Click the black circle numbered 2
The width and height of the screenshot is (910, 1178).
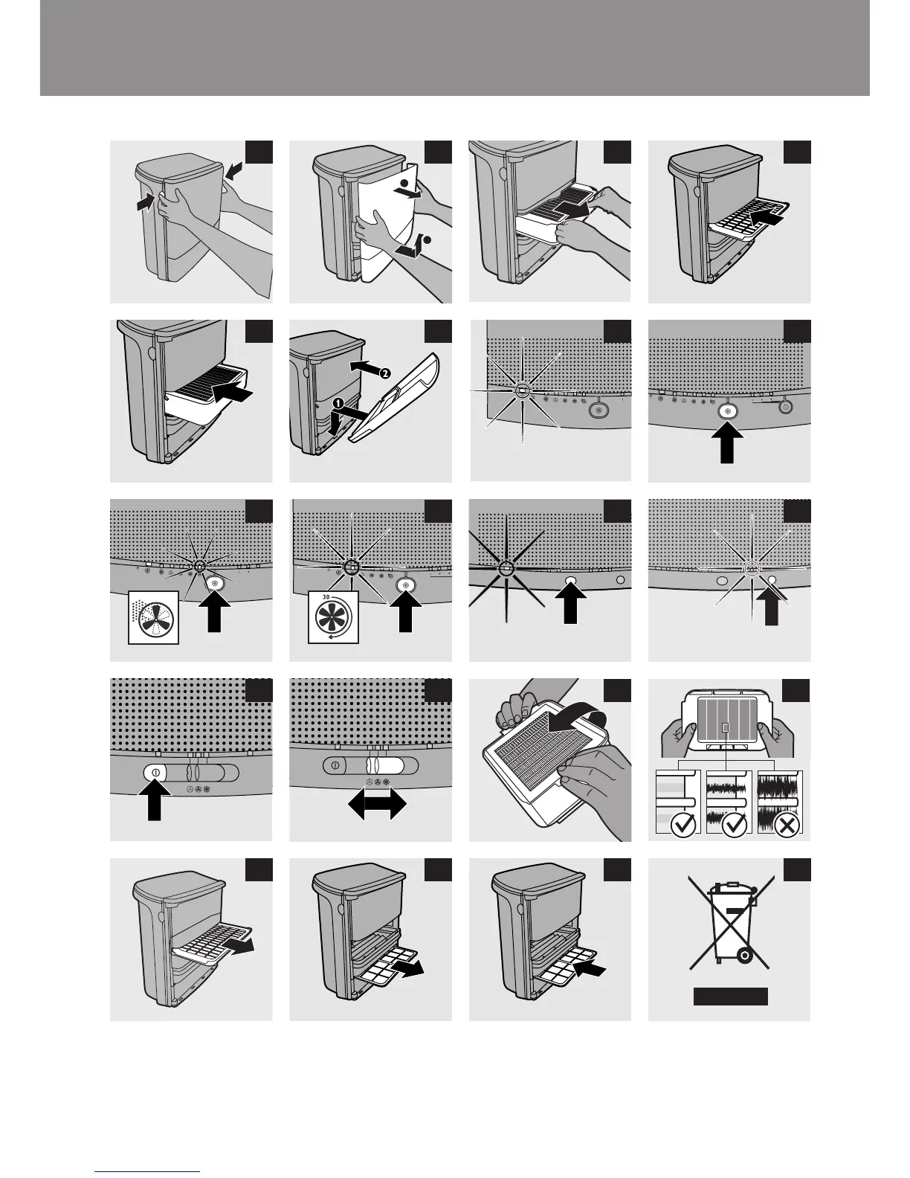click(384, 374)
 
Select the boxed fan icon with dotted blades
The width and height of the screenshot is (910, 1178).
click(154, 617)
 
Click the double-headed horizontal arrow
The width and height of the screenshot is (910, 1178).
click(378, 804)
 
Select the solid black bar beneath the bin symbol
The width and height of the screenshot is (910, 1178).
click(730, 997)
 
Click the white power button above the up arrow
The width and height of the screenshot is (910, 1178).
click(155, 772)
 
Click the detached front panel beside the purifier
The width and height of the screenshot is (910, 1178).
click(396, 402)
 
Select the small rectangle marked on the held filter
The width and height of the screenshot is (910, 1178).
click(726, 726)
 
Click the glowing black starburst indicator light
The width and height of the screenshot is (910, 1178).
click(506, 568)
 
